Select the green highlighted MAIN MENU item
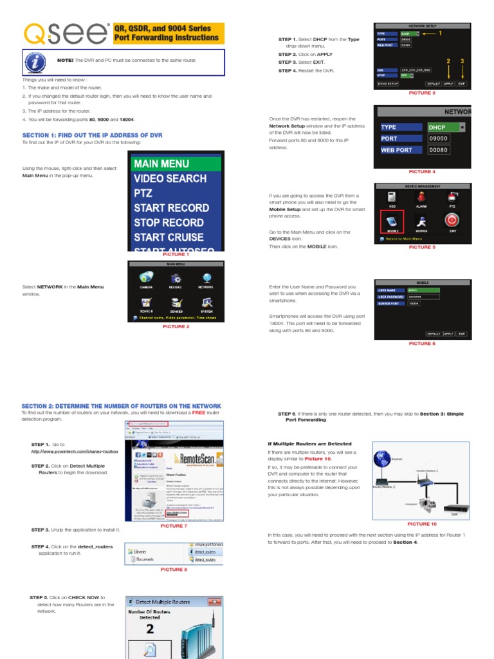(x=176, y=163)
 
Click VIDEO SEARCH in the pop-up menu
(x=170, y=178)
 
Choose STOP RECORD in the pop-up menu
(x=169, y=223)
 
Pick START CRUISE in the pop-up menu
(x=169, y=237)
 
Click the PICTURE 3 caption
(x=422, y=93)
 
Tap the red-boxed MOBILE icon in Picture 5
(x=392, y=220)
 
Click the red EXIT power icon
(x=453, y=219)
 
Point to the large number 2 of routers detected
(x=150, y=629)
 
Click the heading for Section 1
(x=92, y=135)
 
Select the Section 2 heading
(x=121, y=406)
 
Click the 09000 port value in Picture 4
(x=439, y=138)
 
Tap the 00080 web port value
(x=439, y=150)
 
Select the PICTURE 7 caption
(x=174, y=526)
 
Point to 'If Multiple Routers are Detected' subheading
(x=309, y=444)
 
